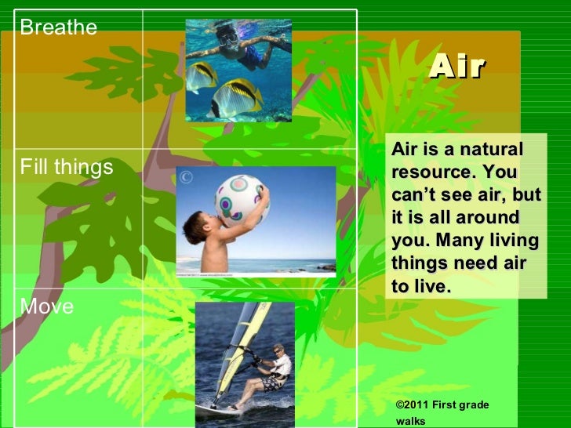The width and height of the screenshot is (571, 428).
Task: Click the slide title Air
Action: tap(457, 67)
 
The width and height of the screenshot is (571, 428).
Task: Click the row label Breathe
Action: tap(59, 28)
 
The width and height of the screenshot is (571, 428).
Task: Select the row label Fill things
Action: tap(67, 167)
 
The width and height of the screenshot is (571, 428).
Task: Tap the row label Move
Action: tap(47, 306)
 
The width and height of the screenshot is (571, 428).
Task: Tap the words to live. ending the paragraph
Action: tap(421, 287)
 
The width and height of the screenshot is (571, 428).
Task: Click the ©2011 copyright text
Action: tap(415, 404)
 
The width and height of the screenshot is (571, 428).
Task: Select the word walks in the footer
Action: tap(411, 421)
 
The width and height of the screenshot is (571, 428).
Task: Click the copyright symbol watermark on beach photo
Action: tap(186, 177)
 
